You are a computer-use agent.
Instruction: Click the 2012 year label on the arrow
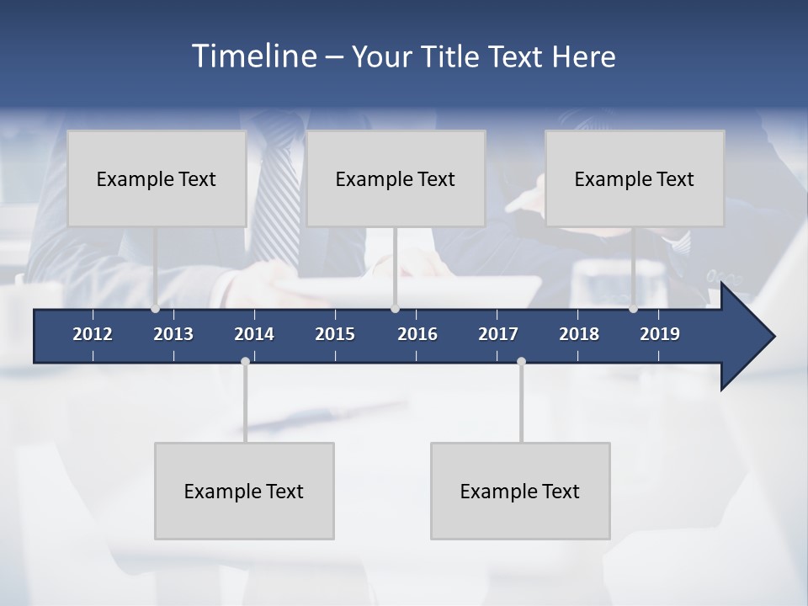[x=93, y=334]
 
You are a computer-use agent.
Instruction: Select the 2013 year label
[x=173, y=334]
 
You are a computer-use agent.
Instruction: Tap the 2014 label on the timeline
[x=254, y=334]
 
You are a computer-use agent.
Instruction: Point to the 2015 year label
[x=335, y=334]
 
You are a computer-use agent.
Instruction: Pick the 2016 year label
[x=417, y=334]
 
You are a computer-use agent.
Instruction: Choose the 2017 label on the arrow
[x=498, y=334]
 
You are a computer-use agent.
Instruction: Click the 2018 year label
[x=579, y=334]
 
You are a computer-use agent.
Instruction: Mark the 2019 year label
[x=660, y=334]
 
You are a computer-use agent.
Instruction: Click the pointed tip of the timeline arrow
[x=773, y=336]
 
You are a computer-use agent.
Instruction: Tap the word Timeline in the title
[x=253, y=56]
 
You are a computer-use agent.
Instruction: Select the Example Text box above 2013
[x=157, y=178]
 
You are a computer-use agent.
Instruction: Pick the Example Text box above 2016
[x=396, y=178]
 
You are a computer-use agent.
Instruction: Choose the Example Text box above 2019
[x=635, y=178]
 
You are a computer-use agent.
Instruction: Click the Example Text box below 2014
[x=244, y=491]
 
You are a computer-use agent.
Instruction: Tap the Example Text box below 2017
[x=520, y=491]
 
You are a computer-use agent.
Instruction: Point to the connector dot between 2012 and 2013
[x=155, y=309]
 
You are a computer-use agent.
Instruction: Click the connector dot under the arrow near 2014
[x=245, y=361]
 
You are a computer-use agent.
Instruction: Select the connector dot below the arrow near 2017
[x=521, y=361]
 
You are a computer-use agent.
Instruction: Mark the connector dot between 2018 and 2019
[x=633, y=309]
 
